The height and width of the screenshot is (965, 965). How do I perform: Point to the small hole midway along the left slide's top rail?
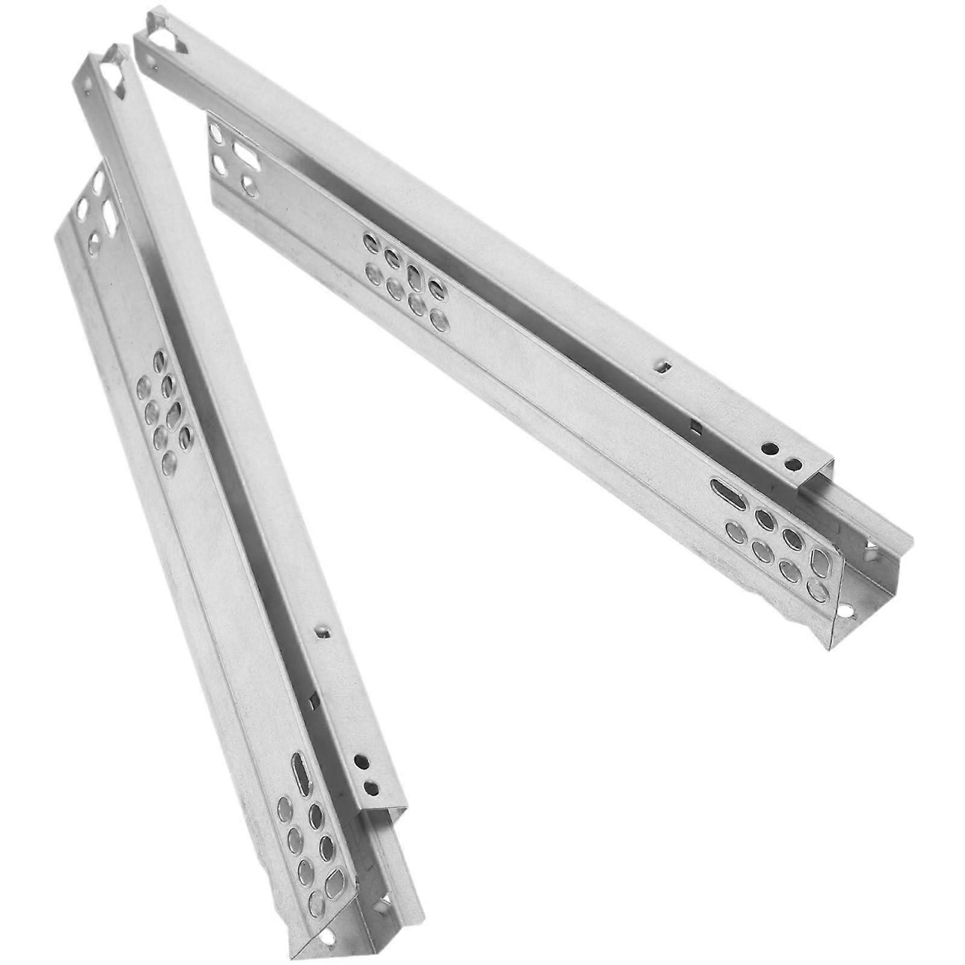(324, 631)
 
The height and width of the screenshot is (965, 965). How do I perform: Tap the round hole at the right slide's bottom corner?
(849, 612)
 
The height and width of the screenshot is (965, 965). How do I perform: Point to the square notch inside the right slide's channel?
(697, 427)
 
